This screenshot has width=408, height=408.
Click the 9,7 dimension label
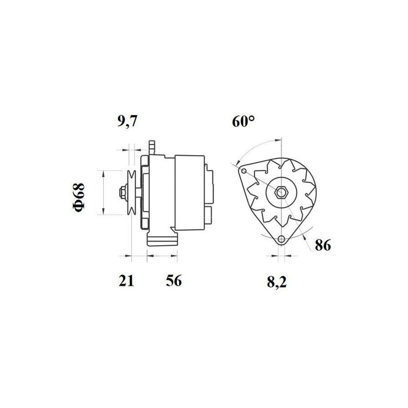127,121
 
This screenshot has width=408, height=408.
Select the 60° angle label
243,121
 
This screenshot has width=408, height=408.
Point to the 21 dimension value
126,281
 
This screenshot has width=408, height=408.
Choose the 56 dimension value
174,281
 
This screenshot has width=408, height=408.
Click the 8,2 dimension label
277,282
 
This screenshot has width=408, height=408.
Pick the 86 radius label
323,245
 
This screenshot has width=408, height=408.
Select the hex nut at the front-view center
281,192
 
